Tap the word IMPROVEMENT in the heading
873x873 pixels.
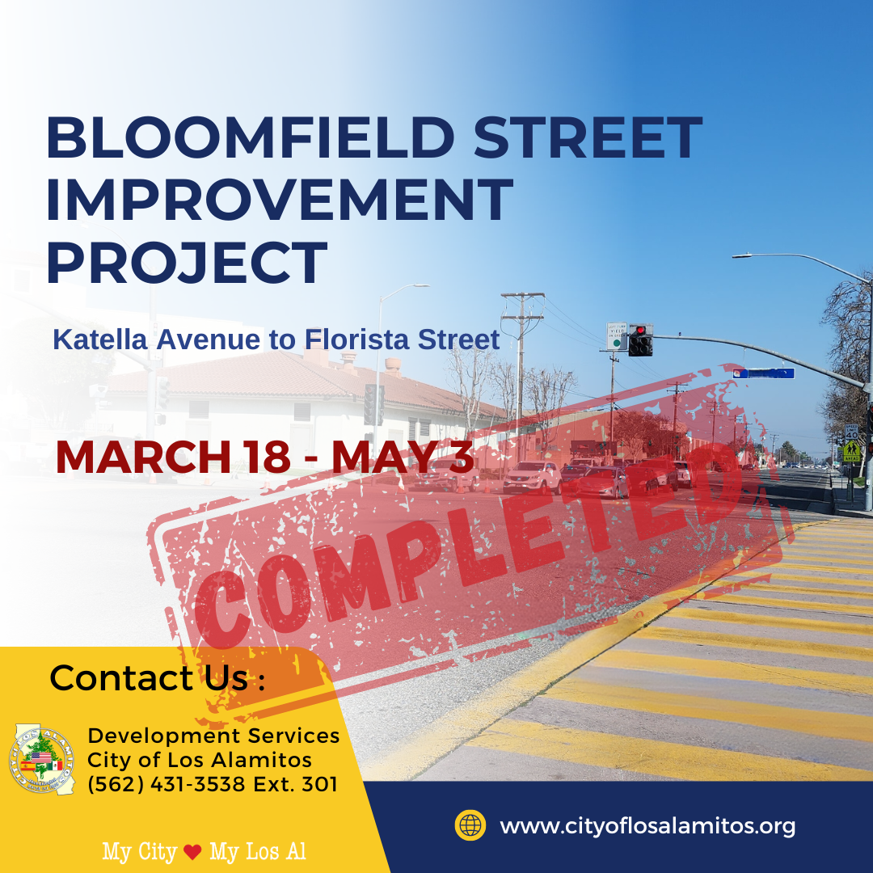280,200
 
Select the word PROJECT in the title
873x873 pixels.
187,262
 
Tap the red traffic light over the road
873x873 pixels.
640,340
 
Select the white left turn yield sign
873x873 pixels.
617,335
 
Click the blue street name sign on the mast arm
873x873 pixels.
763,373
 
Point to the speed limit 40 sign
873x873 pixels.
850,432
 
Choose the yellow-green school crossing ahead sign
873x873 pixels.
851,450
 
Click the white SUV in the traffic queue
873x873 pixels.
532,477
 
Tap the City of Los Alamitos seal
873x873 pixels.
42,759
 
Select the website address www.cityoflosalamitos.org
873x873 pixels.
647,826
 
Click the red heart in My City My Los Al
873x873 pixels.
192,852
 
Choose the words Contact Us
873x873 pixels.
150,677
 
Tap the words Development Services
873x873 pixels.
213,736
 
